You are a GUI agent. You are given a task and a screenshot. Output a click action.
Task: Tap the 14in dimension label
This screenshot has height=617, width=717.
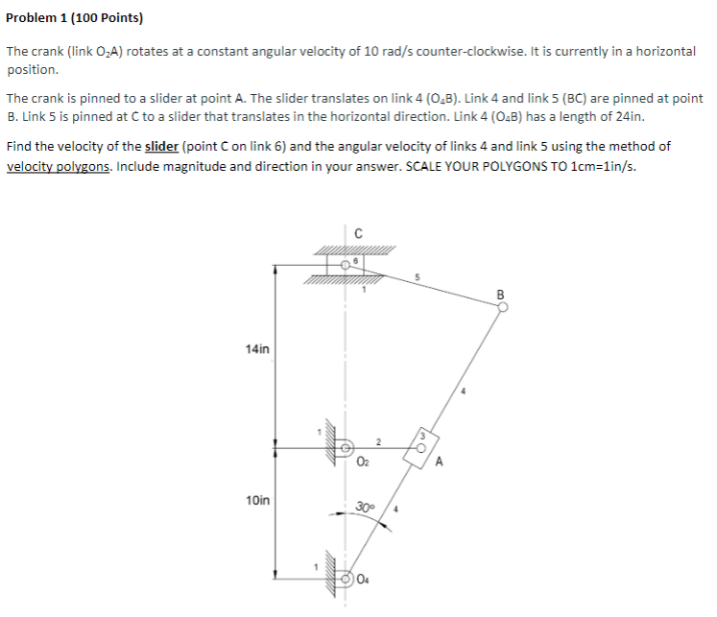(x=257, y=351)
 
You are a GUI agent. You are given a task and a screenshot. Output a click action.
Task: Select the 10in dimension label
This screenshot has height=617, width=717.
(x=257, y=500)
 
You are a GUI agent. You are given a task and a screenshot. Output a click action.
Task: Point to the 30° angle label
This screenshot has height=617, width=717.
(x=365, y=506)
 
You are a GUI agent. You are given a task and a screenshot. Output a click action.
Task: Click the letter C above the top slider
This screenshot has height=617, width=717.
(x=357, y=231)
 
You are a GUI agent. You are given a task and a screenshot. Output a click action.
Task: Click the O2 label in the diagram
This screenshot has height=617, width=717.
(x=362, y=463)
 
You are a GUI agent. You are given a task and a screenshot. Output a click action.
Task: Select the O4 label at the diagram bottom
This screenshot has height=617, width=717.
(x=363, y=578)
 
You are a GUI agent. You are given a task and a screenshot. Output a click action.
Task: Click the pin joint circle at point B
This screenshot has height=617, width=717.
(x=500, y=307)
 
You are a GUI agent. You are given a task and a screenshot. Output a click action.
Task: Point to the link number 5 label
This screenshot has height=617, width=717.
(x=418, y=279)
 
